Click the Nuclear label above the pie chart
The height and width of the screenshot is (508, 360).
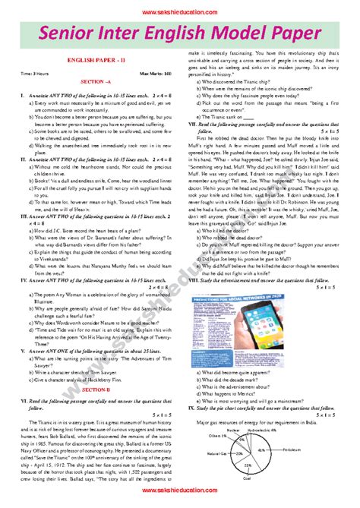pos(238,429)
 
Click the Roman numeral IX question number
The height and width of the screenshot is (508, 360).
pos(193,407)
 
